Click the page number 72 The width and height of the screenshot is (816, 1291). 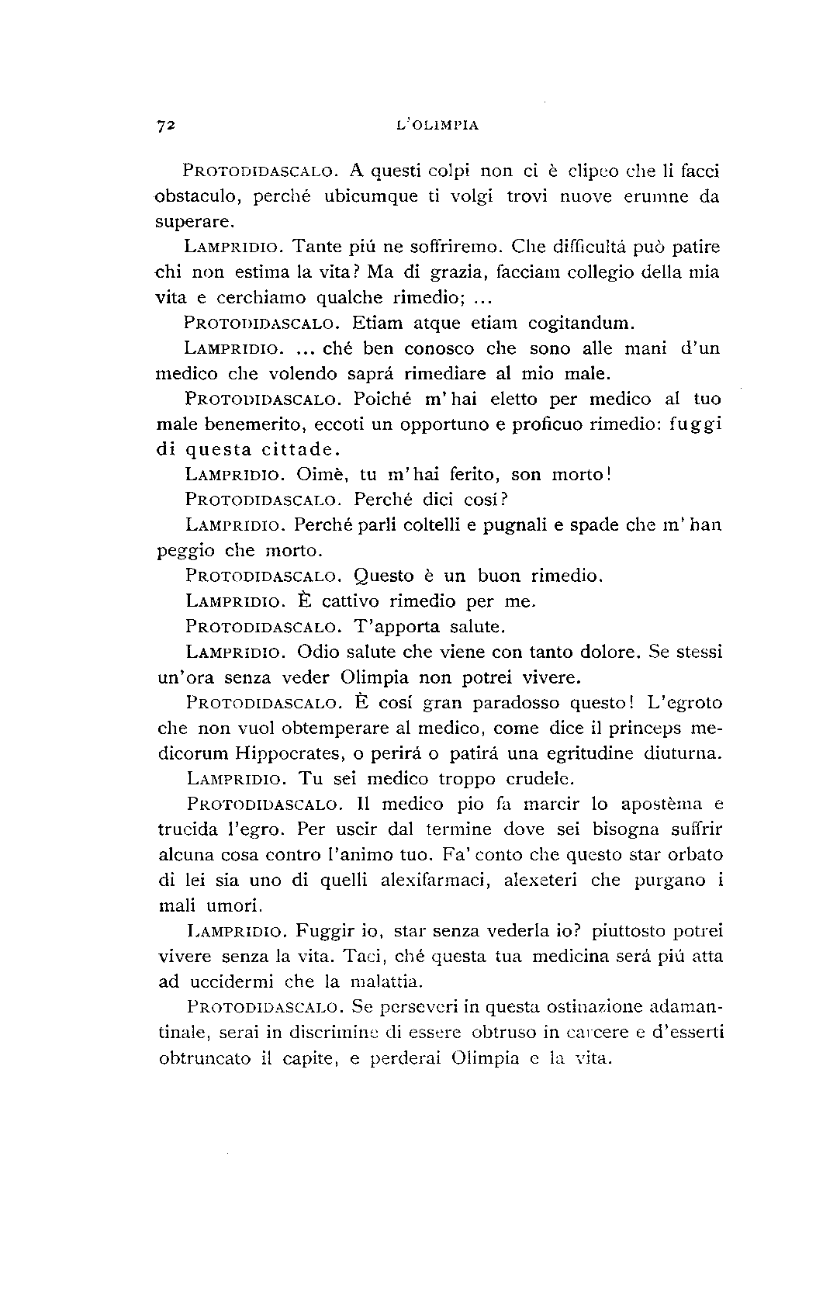[167, 125]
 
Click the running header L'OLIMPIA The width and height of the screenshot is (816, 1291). [436, 124]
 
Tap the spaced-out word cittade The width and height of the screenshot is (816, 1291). [299, 449]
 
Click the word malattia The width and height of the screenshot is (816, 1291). [386, 982]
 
